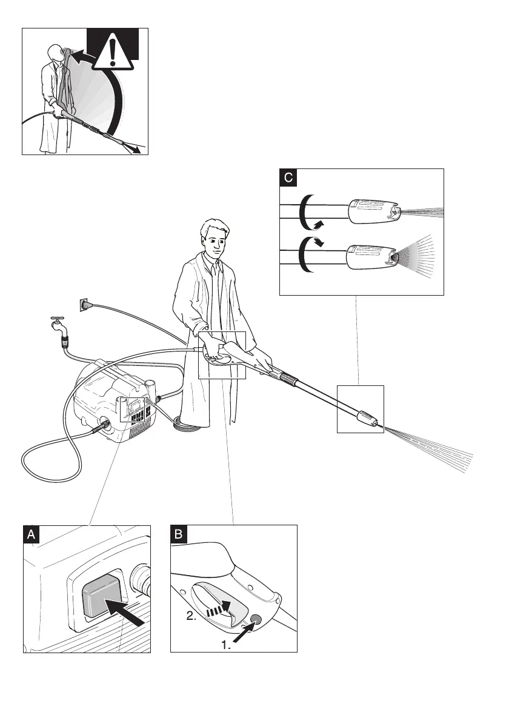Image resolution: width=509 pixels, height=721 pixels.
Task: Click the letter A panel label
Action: (32, 534)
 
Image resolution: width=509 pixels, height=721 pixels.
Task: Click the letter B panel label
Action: (179, 534)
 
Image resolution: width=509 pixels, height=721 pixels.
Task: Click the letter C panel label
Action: (288, 178)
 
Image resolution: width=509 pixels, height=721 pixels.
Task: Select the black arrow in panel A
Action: (125, 611)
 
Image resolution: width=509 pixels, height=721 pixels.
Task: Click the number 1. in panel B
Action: (226, 646)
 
